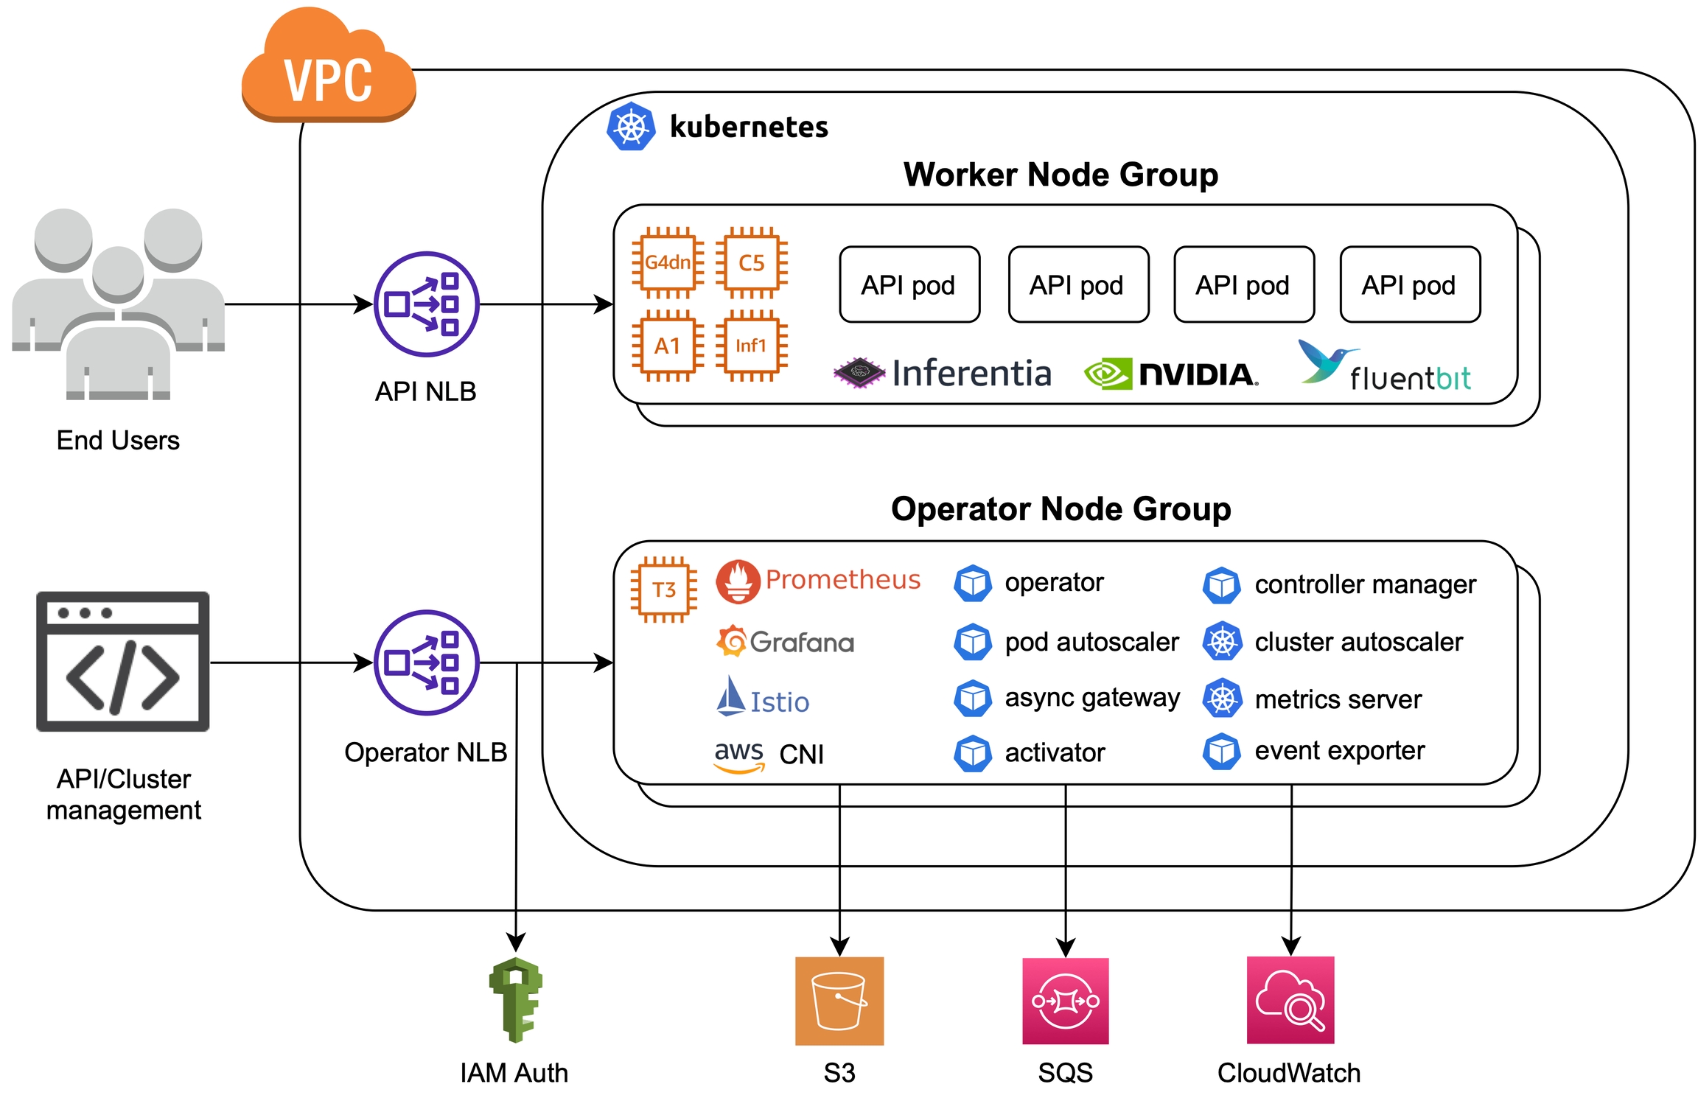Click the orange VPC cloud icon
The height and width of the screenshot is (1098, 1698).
[x=329, y=70]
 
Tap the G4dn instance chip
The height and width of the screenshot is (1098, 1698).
[x=668, y=262]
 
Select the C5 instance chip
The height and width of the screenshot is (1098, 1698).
[x=752, y=262]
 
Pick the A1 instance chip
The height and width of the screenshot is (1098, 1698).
[x=668, y=346]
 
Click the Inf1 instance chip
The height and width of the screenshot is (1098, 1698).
[x=752, y=346]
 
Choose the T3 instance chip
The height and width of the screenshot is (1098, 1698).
[x=664, y=590]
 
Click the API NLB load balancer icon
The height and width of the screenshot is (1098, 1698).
[x=426, y=304]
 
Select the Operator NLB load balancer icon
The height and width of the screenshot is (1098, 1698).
[x=426, y=662]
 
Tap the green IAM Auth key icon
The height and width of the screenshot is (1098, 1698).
[x=516, y=999]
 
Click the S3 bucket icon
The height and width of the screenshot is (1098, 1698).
[x=839, y=1001]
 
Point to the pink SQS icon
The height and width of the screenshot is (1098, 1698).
[x=1066, y=1001]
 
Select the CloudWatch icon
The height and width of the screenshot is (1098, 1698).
[x=1290, y=1000]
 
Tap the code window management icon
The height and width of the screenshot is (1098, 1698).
[x=123, y=661]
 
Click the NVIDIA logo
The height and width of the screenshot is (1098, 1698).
[x=1171, y=374]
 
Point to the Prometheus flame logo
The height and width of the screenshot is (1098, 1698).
[x=738, y=581]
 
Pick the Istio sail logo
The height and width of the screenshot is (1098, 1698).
[x=730, y=696]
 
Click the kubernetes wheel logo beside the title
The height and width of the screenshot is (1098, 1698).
[x=631, y=127]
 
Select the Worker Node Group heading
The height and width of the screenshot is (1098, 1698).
[x=1061, y=175]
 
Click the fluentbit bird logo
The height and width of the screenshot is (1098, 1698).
[x=1323, y=361]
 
